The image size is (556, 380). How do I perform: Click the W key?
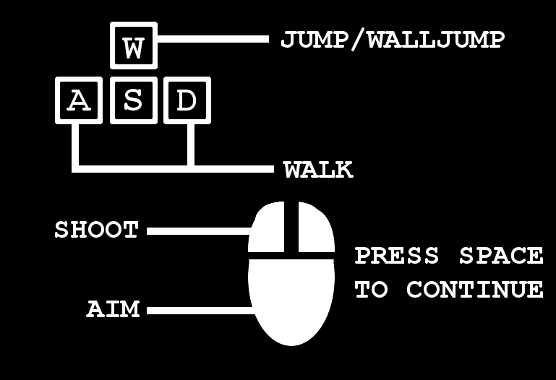[x=134, y=46]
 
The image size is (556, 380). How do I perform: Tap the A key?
[x=79, y=100]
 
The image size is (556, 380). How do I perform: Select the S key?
[x=134, y=100]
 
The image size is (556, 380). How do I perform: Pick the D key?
[x=187, y=100]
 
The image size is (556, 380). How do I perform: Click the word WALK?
[x=318, y=170]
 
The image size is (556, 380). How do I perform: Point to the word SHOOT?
[x=96, y=230]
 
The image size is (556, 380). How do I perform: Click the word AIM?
[x=113, y=308]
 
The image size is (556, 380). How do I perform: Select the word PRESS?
[x=397, y=255]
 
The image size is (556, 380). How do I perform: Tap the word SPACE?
[x=501, y=255]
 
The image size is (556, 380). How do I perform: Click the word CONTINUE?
[x=475, y=290]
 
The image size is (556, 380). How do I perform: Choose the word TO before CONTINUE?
[x=371, y=290]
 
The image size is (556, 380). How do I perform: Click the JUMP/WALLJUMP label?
[x=393, y=40]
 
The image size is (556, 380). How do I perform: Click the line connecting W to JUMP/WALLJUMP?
[x=213, y=38]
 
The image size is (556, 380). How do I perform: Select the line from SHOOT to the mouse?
[x=200, y=231]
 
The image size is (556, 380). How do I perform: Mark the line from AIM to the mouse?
[x=201, y=311]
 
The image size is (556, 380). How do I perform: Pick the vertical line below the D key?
[x=191, y=145]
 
